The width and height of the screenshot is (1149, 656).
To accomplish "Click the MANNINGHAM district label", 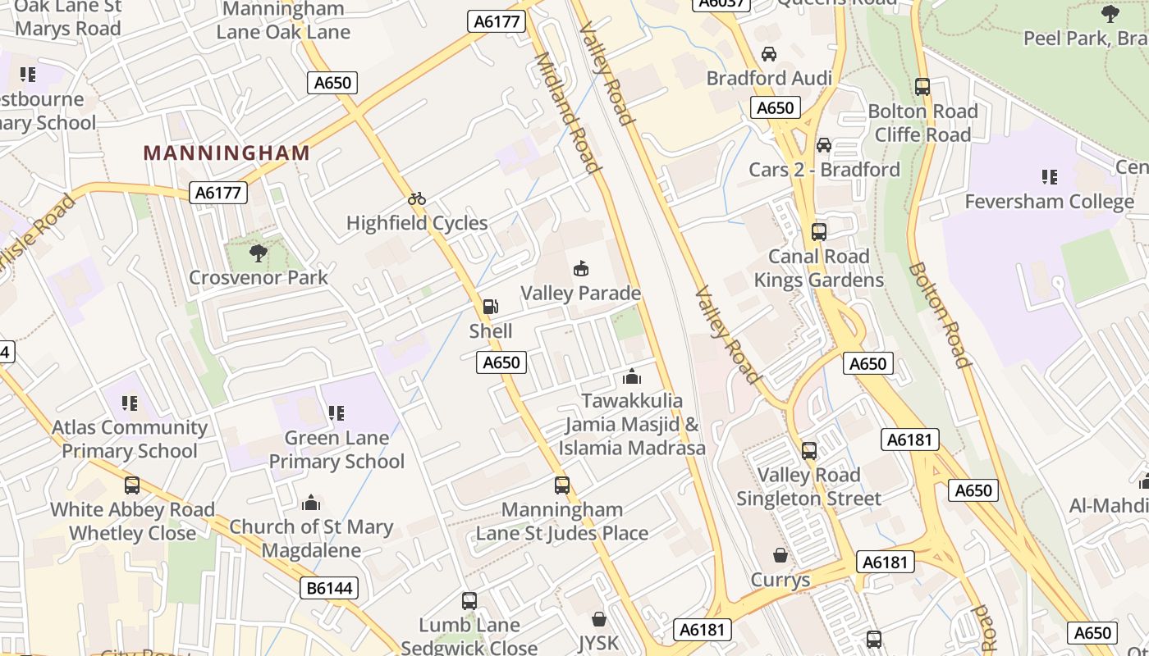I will pyautogui.click(x=227, y=153).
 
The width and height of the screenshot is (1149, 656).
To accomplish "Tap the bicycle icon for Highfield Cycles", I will pyautogui.click(x=417, y=198).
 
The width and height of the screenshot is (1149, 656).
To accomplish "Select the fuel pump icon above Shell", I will pyautogui.click(x=490, y=307).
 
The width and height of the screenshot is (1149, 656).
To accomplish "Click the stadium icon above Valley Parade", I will pyautogui.click(x=580, y=268).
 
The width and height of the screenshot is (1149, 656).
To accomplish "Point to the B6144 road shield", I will pyautogui.click(x=329, y=588).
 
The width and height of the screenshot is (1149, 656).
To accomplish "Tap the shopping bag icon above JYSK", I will pyautogui.click(x=599, y=618).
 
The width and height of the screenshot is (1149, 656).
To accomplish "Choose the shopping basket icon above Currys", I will pyautogui.click(x=780, y=555).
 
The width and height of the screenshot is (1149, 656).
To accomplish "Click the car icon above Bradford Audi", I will pyautogui.click(x=769, y=54).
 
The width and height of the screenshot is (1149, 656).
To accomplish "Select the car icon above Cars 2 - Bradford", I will pyautogui.click(x=824, y=145).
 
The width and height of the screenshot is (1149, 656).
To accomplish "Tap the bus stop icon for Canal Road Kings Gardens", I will pyautogui.click(x=818, y=232).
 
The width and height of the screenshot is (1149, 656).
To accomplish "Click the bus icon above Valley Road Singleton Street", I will pyautogui.click(x=809, y=450).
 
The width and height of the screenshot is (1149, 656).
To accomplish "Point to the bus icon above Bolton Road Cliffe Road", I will pyautogui.click(x=922, y=87).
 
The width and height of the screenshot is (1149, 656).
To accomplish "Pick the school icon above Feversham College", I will pyautogui.click(x=1049, y=177).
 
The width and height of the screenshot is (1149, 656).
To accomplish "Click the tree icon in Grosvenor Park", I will pyautogui.click(x=259, y=253).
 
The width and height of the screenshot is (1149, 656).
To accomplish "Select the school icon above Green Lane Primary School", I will pyautogui.click(x=336, y=413).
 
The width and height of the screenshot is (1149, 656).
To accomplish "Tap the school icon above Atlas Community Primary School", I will pyautogui.click(x=130, y=403).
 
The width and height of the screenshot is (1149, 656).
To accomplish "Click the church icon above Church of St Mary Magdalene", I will pyautogui.click(x=311, y=502).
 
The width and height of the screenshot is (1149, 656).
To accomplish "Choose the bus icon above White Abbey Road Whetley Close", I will pyautogui.click(x=132, y=485).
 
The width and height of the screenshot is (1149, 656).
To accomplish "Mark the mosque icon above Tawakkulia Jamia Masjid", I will pyautogui.click(x=632, y=376).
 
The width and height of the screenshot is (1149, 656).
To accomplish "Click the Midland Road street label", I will pyautogui.click(x=566, y=113).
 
